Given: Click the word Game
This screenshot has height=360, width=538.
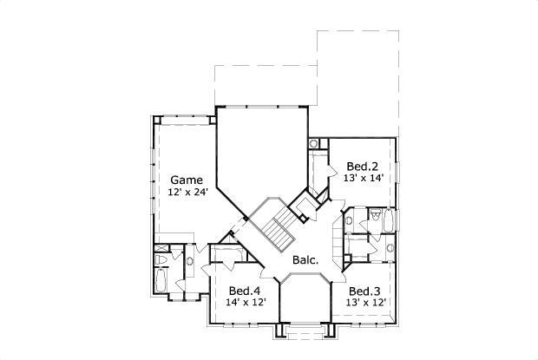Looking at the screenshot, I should tap(187, 180).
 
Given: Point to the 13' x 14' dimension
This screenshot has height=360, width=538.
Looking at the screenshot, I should tap(364, 178).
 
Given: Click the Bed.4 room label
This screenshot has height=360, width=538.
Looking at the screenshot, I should tap(245, 291).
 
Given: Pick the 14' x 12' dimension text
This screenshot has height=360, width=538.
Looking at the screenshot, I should tap(246, 303).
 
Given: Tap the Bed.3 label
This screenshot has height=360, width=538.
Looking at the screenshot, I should tap(365, 291).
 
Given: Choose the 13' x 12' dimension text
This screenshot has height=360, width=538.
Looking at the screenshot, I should tap(365, 303).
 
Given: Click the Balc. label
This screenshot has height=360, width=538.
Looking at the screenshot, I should tap(305, 259).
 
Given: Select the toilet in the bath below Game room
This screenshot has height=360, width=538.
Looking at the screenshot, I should tap(174, 259).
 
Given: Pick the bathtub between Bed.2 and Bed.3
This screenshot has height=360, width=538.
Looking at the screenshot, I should tap(387, 221).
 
